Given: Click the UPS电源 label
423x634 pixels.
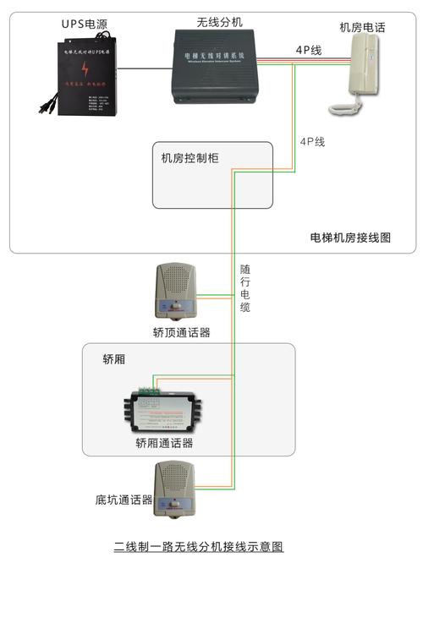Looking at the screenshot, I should click(85, 24).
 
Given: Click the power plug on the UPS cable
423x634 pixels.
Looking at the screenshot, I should click(42, 106).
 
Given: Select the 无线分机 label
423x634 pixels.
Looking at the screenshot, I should click(219, 22).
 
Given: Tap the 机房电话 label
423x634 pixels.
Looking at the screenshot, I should click(362, 28).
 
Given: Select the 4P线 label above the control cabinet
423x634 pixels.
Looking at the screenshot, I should click(312, 142).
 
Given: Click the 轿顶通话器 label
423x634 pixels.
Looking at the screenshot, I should click(181, 333).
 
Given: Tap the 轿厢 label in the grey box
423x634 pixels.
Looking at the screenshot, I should click(114, 359).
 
